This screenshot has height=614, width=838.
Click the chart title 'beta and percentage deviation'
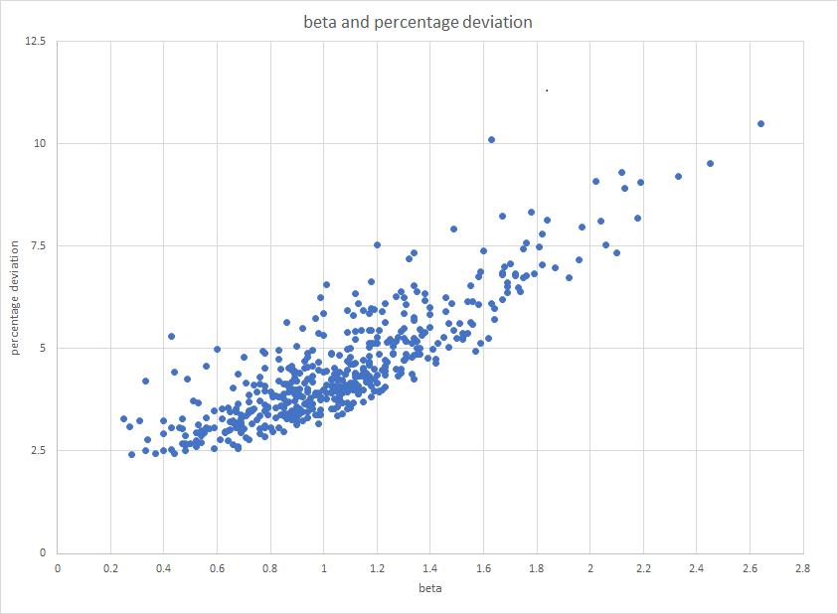coord(418,22)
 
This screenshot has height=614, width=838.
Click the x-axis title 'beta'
coord(430,588)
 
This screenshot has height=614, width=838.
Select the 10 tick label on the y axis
coord(42,144)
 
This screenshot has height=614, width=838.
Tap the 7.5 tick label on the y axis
coord(39,246)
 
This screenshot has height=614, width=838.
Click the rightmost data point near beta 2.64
coord(760,124)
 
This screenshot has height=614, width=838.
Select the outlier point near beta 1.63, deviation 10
coord(491,140)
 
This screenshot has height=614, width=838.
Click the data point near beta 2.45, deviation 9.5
coord(710,164)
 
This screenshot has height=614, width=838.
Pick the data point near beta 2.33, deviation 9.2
coord(678,177)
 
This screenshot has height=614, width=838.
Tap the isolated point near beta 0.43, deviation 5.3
coord(171,337)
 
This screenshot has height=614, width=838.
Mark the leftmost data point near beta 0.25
coord(123,419)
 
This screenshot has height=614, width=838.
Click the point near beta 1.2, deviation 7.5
coord(377,245)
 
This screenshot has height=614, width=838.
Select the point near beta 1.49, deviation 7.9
coord(453,230)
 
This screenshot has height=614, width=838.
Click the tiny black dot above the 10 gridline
coord(547,90)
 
